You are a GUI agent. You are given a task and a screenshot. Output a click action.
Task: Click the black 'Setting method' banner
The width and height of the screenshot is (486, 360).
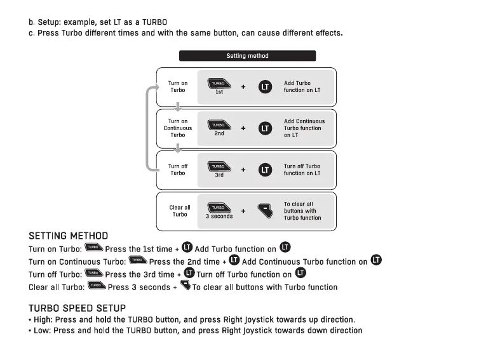pos(247,56)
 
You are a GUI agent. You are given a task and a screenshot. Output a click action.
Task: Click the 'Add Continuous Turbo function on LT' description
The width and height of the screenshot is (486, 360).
pos(304,128)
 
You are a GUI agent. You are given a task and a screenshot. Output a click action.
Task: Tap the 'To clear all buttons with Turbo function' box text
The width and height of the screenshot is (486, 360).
pos(302,211)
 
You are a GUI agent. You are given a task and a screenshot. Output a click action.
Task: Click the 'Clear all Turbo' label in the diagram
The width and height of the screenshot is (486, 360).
pos(180,211)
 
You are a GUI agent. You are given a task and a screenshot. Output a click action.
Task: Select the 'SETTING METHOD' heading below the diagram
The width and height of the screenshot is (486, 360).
pos(68,236)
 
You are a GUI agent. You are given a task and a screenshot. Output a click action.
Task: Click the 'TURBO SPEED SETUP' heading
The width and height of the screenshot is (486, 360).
pos(77,308)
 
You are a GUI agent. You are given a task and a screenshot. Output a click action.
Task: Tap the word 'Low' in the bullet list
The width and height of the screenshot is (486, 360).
pos(41,331)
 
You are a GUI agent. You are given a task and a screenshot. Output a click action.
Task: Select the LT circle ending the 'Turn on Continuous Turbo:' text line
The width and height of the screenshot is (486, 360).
pos(377,260)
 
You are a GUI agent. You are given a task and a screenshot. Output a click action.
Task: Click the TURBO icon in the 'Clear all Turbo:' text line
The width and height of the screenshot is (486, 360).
pos(97,286)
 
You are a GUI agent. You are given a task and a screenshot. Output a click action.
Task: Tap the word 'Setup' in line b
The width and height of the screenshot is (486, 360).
pos(50,22)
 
